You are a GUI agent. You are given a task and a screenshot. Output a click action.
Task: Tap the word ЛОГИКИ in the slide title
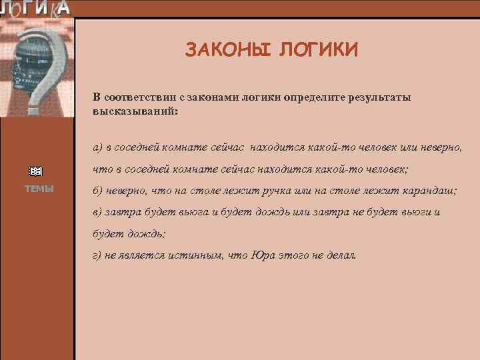[x=319, y=50]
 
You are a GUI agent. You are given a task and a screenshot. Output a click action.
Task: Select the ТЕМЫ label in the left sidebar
[x=39, y=189]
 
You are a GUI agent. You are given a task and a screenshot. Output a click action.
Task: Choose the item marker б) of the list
[x=98, y=191]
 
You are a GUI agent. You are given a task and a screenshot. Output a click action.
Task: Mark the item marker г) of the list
[x=97, y=255]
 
